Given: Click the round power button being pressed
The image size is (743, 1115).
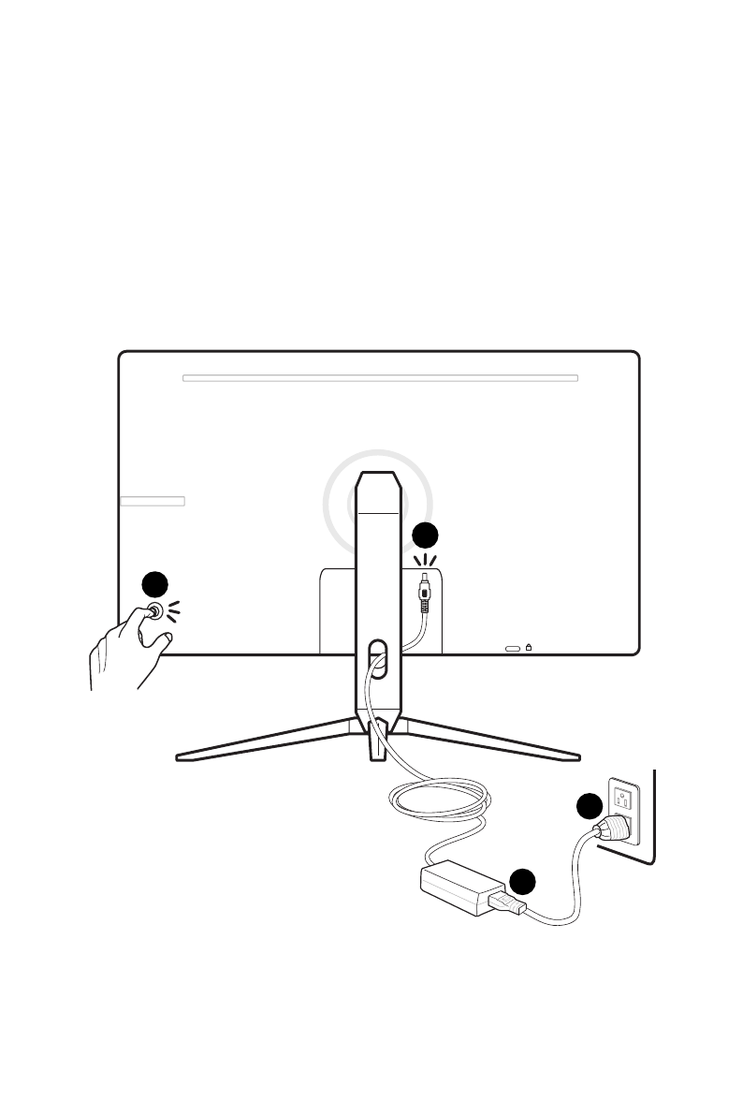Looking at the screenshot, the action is point(153,611).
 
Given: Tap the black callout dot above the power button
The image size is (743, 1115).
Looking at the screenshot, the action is point(154,585).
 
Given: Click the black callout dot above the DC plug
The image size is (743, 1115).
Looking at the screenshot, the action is point(425,535).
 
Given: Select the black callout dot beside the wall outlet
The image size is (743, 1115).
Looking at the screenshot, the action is point(589,806).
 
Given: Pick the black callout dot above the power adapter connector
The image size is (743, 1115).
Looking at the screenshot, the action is point(522,881).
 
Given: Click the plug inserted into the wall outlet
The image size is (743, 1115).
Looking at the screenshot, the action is point(616,827).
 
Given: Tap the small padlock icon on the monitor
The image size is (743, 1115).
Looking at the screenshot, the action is point(530,646).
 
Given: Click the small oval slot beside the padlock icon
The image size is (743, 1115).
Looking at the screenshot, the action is point(513,647).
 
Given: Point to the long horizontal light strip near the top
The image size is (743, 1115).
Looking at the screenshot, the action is point(380,379).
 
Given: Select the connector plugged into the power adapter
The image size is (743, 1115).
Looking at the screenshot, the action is point(505,903).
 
